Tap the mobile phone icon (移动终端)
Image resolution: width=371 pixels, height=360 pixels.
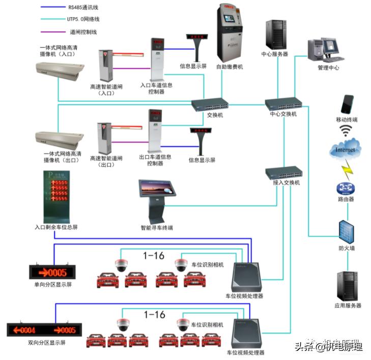pos(347,104)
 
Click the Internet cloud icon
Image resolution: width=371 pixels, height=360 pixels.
pos(346,150)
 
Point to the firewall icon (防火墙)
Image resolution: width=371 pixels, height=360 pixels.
pos(348,230)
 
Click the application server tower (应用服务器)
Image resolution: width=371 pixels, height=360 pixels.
pos(348,286)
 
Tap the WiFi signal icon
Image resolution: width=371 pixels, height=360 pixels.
pos(348,132)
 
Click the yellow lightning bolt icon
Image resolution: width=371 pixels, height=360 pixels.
pos(347,167)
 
